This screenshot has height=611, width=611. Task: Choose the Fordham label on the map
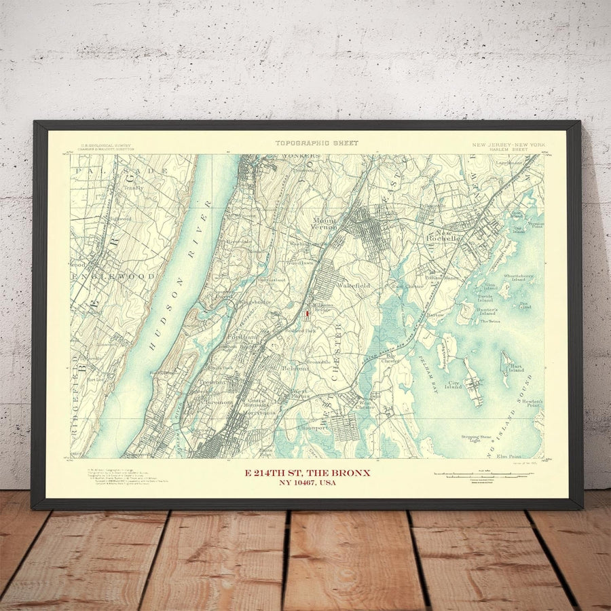point(246,337)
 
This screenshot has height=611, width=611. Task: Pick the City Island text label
point(453,384)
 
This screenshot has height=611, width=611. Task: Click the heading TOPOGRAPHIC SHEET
point(316,143)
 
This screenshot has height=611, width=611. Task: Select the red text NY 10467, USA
point(307,483)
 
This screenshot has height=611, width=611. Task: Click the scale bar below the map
point(483,475)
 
